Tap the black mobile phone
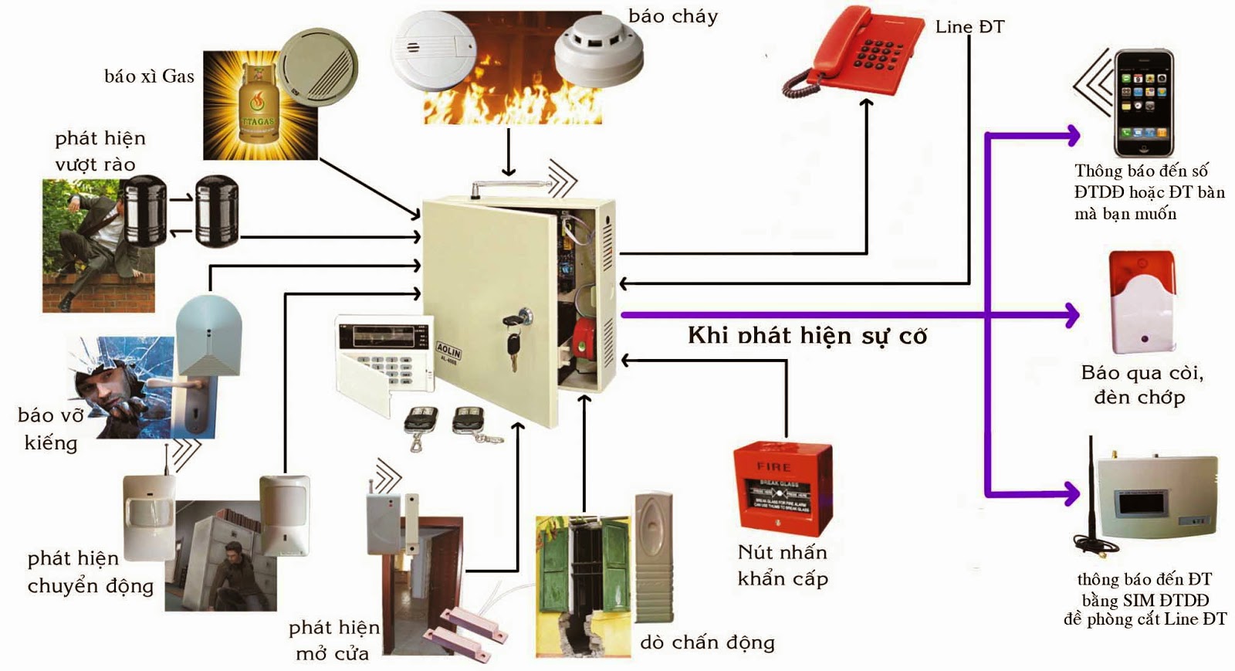pyautogui.click(x=1143, y=103)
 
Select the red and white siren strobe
pyautogui.click(x=1142, y=302)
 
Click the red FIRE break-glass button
pyautogui.click(x=782, y=489)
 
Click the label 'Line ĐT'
pyautogui.click(x=969, y=27)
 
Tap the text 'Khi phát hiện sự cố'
pyautogui.click(x=807, y=336)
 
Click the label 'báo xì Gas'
pyautogui.click(x=149, y=76)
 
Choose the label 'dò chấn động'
pyautogui.click(x=707, y=642)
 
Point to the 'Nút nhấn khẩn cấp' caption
pyautogui.click(x=783, y=565)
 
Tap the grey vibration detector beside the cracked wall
pyautogui.click(x=653, y=556)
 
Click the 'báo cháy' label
pyautogui.click(x=673, y=16)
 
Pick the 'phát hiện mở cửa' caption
pyautogui.click(x=333, y=640)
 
